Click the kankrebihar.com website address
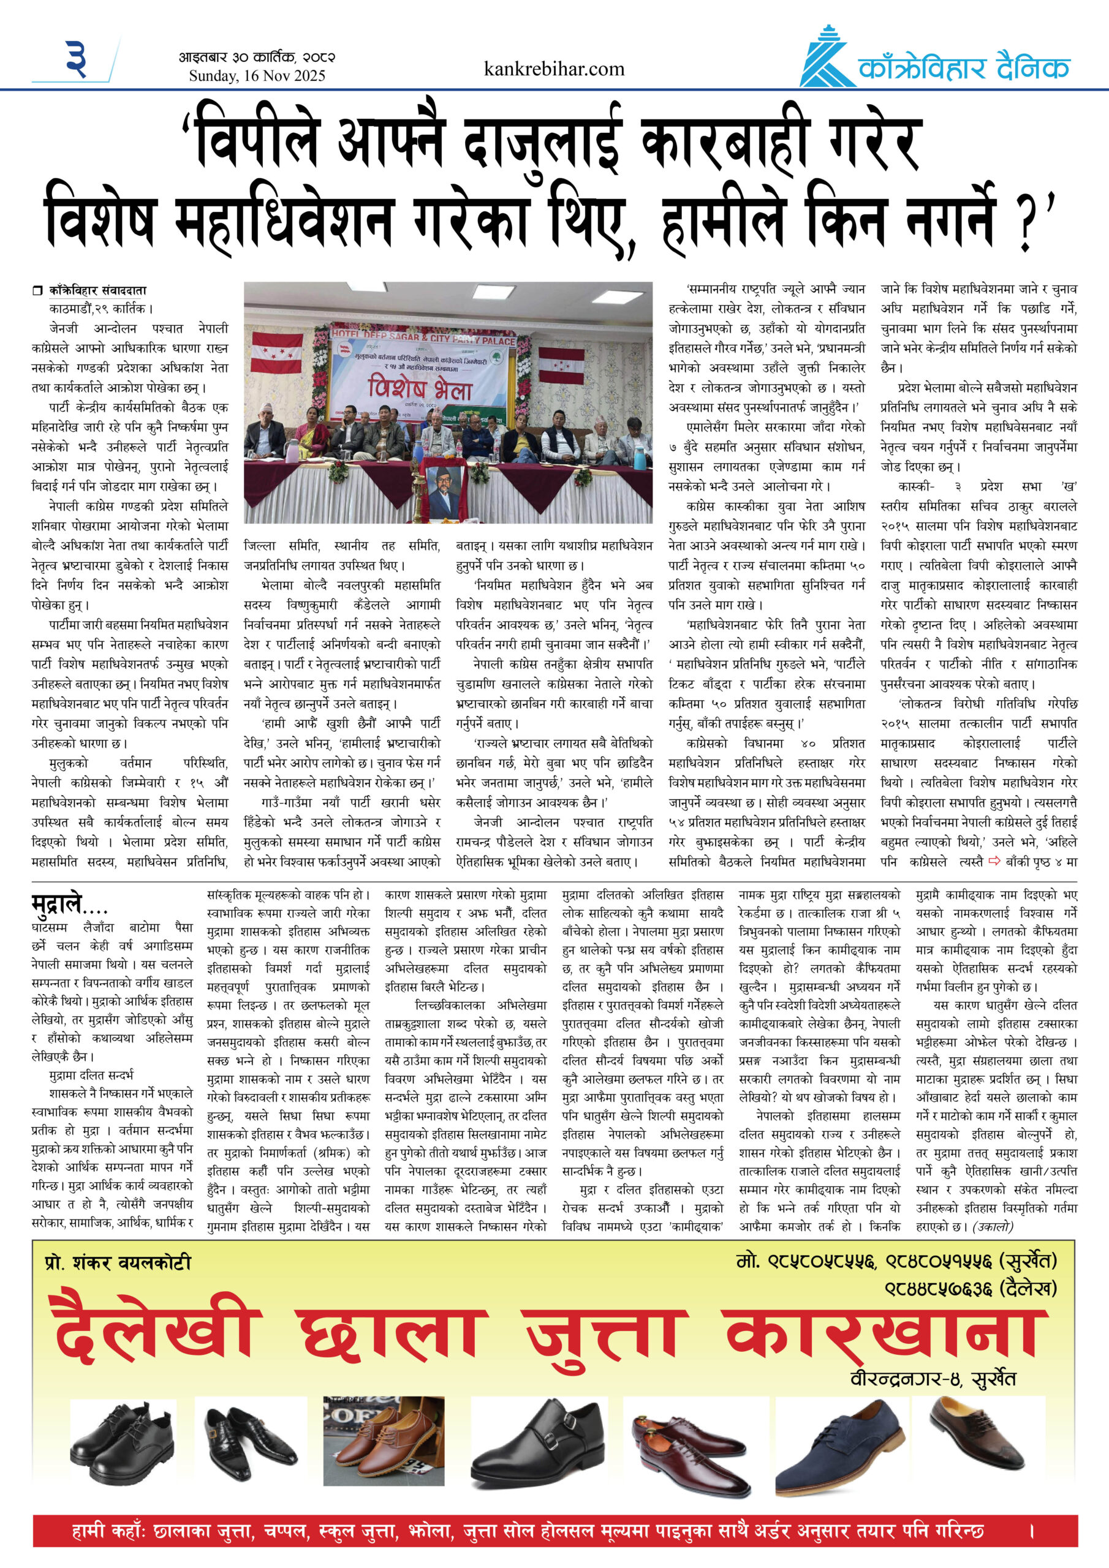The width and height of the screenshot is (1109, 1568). tap(553, 69)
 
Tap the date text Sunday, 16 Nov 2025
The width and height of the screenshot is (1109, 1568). tap(257, 76)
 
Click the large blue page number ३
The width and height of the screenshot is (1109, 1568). tap(77, 59)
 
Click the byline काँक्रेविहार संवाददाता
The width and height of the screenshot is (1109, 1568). tap(97, 290)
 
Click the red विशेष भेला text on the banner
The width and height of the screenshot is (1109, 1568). tap(420, 388)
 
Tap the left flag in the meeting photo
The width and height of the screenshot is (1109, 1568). tap(277, 352)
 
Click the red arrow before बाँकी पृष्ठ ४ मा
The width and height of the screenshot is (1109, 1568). tap(994, 861)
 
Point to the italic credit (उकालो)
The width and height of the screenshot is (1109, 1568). tap(993, 1227)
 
